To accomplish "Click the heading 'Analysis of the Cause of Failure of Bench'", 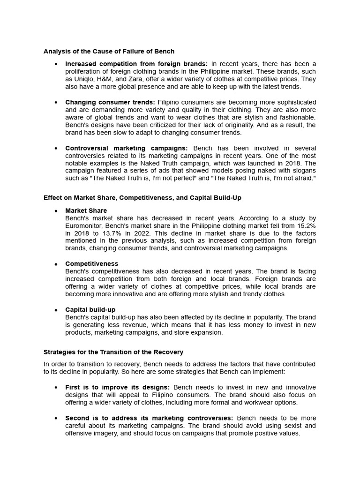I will click(x=109, y=51).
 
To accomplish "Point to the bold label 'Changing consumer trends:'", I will click(x=110, y=102).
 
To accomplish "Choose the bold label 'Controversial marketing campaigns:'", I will click(x=126, y=148).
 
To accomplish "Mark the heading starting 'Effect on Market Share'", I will click(x=142, y=198).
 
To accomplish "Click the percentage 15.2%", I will click(x=304, y=226).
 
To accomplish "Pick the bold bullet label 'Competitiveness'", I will click(x=92, y=264).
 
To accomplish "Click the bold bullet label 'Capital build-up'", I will click(x=90, y=310).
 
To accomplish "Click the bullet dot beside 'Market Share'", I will click(x=56, y=211).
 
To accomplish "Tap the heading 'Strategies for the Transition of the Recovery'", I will click(x=113, y=352).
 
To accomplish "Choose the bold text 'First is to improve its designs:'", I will click(x=118, y=387).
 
